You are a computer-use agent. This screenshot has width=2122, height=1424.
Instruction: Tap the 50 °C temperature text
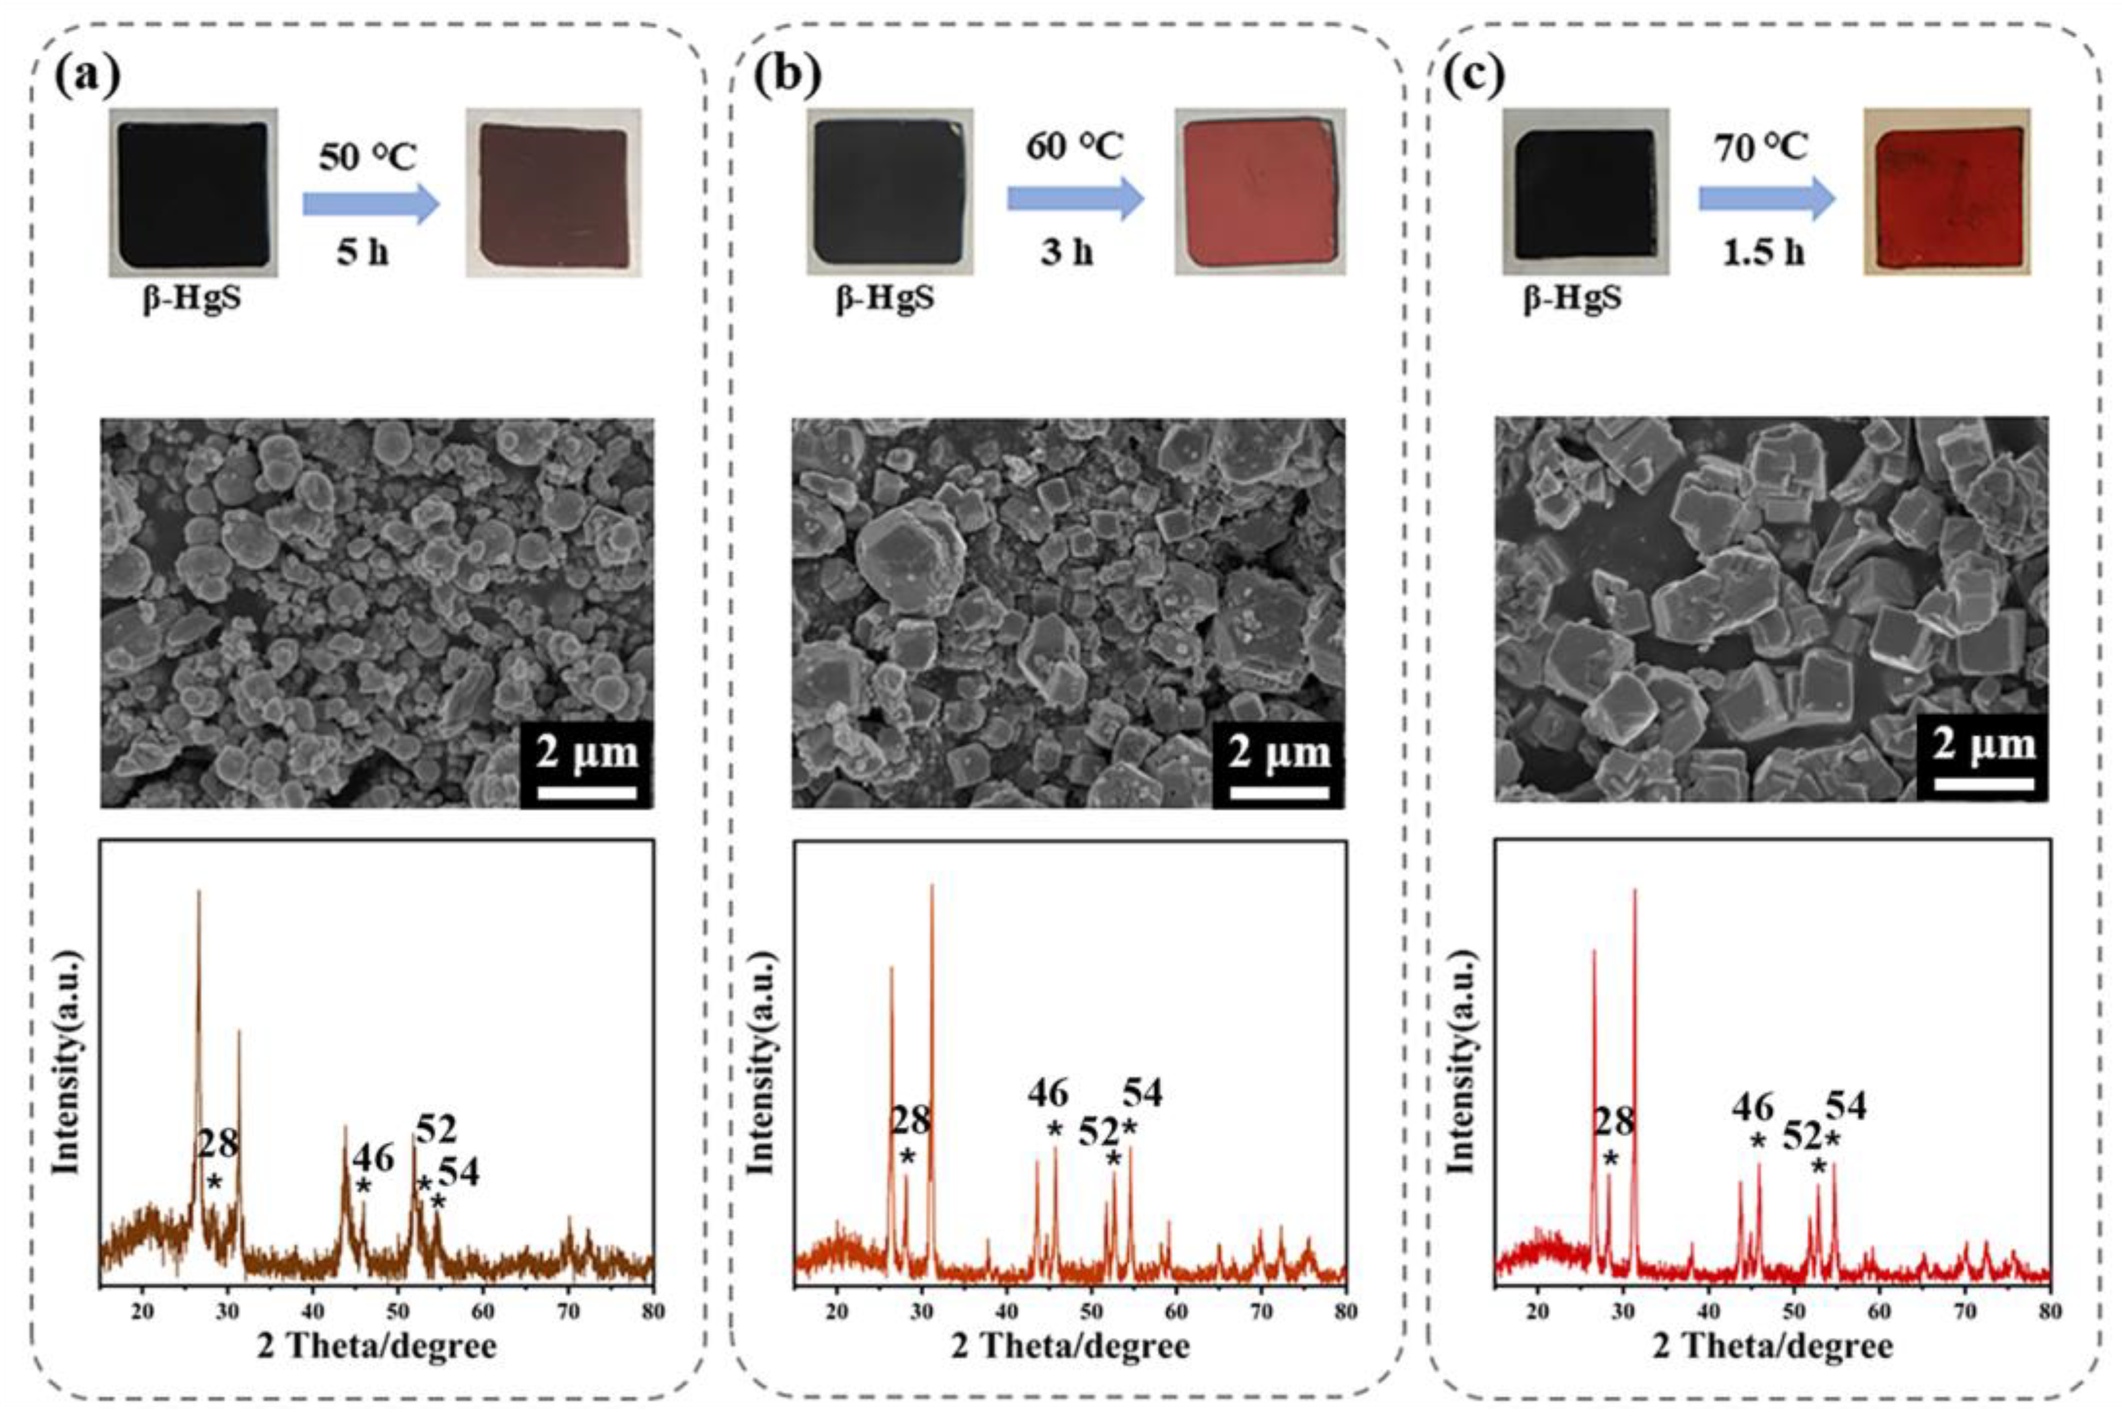pyautogui.click(x=367, y=157)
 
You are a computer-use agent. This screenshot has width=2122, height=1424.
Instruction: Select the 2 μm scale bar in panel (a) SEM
pyautogui.click(x=586, y=793)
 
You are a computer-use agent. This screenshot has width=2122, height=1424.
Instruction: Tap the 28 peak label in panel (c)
pyautogui.click(x=1614, y=1123)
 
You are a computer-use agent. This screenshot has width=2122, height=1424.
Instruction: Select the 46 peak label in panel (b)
pyautogui.click(x=1048, y=1093)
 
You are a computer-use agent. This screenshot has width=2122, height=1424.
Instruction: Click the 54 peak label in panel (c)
pyautogui.click(x=1846, y=1105)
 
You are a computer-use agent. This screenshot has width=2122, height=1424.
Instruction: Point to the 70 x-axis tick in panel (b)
pyautogui.click(x=1261, y=1312)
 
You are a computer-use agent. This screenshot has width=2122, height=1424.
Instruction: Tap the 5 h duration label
pyautogui.click(x=362, y=251)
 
